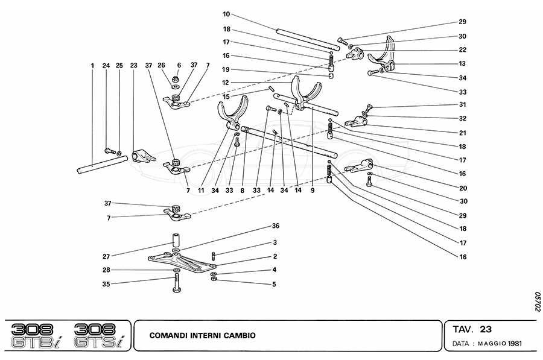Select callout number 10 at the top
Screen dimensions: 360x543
pyautogui.click(x=226, y=13)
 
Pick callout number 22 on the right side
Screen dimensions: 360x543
pyautogui.click(x=463, y=50)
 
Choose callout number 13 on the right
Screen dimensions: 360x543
pyautogui.click(x=463, y=64)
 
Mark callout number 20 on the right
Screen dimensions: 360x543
pyautogui.click(x=463, y=188)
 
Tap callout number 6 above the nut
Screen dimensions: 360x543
pyautogui.click(x=179, y=65)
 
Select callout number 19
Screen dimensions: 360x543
pyautogui.click(x=226, y=69)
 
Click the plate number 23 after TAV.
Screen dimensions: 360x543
pyautogui.click(x=486, y=329)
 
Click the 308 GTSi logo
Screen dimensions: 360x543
pyautogui.click(x=99, y=335)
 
